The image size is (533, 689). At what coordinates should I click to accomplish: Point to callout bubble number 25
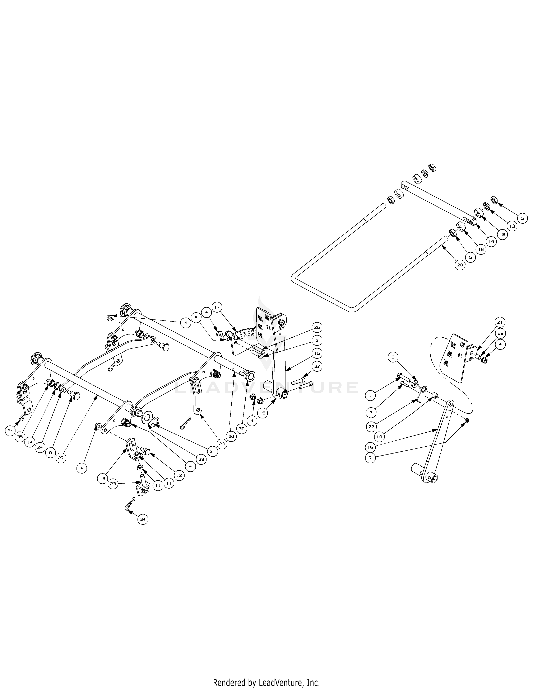(x=317, y=327)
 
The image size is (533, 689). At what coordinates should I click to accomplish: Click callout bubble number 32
(x=317, y=366)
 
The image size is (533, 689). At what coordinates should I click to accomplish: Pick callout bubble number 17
(x=217, y=307)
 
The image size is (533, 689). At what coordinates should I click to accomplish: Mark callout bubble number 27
(x=61, y=458)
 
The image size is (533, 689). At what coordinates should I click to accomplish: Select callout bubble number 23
(x=113, y=484)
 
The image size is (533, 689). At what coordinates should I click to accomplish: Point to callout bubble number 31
(x=212, y=451)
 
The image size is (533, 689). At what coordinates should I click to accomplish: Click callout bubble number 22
(x=371, y=427)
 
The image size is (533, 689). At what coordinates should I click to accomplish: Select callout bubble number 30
(x=242, y=429)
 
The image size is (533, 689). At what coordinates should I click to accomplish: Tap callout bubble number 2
(x=317, y=340)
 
